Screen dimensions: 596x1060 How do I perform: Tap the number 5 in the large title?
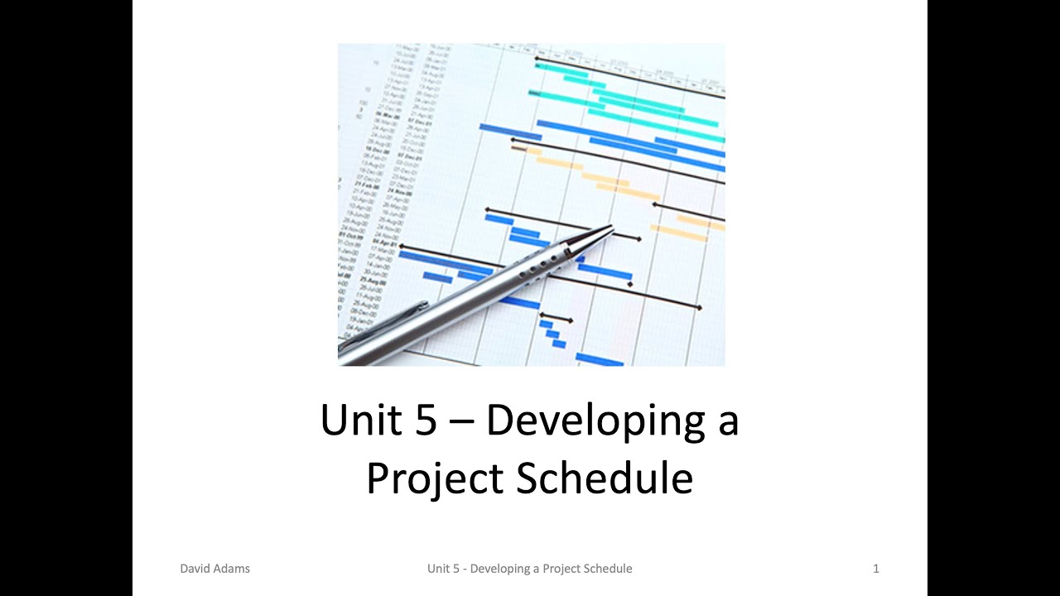423,420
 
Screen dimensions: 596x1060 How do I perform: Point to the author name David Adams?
214,569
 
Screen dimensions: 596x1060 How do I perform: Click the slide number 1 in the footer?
876,569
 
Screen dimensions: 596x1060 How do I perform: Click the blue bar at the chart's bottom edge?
599,359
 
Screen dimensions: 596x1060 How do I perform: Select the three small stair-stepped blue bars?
553,334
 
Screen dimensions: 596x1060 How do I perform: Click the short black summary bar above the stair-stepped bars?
556,317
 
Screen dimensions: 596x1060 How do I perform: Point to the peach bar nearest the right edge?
702,221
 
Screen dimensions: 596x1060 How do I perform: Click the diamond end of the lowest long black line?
699,308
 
